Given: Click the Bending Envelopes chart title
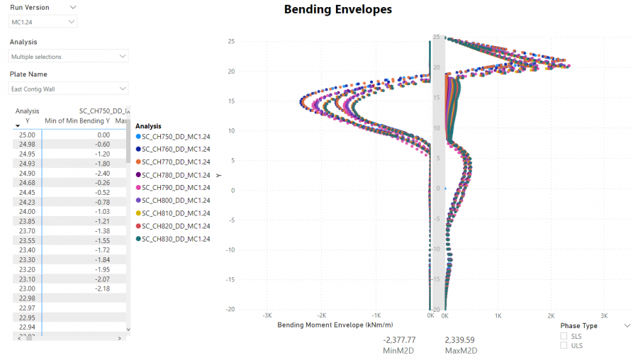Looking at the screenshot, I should coord(337,10).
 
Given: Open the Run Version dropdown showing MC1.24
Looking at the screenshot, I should coord(43,22).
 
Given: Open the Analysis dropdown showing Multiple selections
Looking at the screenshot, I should coord(69,56).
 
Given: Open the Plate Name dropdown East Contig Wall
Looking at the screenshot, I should coord(69,89).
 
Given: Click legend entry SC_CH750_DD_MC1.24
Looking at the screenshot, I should coord(175,136).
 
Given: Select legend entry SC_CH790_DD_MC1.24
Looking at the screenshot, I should coord(175,188).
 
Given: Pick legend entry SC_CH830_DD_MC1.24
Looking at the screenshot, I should coord(175,239).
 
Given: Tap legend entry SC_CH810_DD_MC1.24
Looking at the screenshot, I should coord(175,213).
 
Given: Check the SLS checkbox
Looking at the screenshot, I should coord(564,336).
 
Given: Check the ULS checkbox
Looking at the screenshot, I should coord(564,345).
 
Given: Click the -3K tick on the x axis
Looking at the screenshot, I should coord(267,315).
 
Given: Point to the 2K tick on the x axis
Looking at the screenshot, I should coord(551,315).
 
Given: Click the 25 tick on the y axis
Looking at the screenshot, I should coord(230,42).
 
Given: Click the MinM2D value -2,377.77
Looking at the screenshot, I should coord(399,340).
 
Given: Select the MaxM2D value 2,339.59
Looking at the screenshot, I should coord(459,340).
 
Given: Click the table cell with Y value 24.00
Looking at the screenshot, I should coord(27,211).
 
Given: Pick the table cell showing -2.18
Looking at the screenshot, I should coord(103,288).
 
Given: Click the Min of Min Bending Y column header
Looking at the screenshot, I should coord(77,121).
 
